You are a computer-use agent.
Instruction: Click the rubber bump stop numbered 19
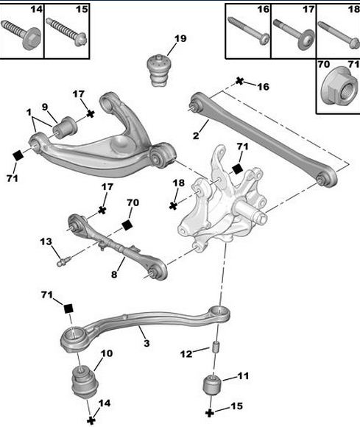[158, 71]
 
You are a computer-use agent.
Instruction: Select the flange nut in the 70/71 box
[339, 86]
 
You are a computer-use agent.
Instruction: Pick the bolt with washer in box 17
[294, 34]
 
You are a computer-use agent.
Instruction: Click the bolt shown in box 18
[339, 35]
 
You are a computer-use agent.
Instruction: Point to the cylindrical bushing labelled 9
[65, 127]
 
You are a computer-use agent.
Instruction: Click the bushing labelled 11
[213, 384]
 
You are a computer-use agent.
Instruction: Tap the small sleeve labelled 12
[216, 347]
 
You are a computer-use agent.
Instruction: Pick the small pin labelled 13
[64, 261]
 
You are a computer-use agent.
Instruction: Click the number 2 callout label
[196, 135]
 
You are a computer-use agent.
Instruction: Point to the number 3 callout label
[147, 343]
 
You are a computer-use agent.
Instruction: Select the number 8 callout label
[114, 275]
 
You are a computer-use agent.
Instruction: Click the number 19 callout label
[180, 39]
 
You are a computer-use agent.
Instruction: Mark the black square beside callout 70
[127, 225]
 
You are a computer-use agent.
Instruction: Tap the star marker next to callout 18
[173, 205]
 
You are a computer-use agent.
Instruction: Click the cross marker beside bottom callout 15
[209, 413]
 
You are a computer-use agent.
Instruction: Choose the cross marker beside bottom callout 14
[91, 420]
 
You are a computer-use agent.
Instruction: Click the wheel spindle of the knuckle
[249, 211]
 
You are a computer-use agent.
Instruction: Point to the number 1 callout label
[29, 112]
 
